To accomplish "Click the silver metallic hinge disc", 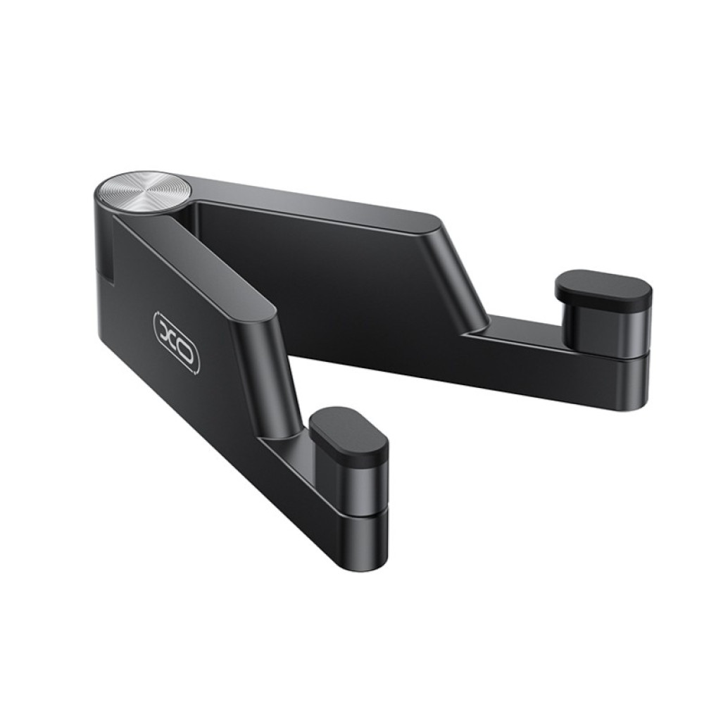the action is (144, 191).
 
